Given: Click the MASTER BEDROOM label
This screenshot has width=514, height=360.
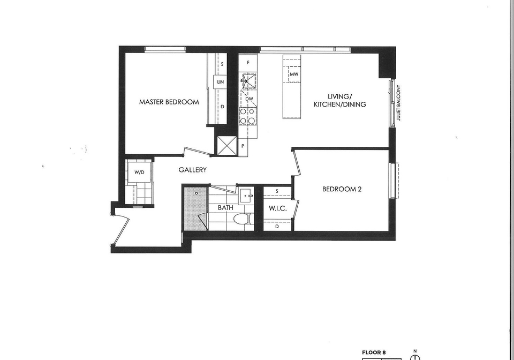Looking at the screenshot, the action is point(169,102).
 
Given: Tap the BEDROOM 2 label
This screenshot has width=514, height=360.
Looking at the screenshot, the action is point(342,189).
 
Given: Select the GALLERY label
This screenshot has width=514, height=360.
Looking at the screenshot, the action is point(193,170).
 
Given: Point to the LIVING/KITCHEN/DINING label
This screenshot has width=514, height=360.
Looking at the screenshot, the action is point(340,100).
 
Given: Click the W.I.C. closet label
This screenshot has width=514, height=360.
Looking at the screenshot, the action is point(278,208).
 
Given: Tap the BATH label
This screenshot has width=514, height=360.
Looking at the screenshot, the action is point(225,207).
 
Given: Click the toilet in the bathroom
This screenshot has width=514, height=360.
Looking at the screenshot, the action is point(244,219).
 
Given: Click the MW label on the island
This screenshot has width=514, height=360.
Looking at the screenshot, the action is point(294,74).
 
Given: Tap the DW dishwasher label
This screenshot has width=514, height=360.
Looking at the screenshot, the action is point(249,99).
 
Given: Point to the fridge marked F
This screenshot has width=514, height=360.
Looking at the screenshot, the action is point(248,63).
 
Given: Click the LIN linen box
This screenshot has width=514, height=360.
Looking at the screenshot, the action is point(220,81).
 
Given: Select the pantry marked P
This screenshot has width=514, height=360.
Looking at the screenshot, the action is point(243,146).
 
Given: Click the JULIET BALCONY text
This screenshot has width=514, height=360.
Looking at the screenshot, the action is point(398,103).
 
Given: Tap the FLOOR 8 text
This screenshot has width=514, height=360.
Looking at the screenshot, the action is point(374,353).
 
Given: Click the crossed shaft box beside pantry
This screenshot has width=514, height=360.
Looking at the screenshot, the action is point(227,146).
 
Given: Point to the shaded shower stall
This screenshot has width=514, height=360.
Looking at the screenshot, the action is point(196,208).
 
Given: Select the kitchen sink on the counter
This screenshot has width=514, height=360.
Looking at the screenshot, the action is point(249,80).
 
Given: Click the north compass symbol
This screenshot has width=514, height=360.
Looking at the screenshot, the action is point(415,356).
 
